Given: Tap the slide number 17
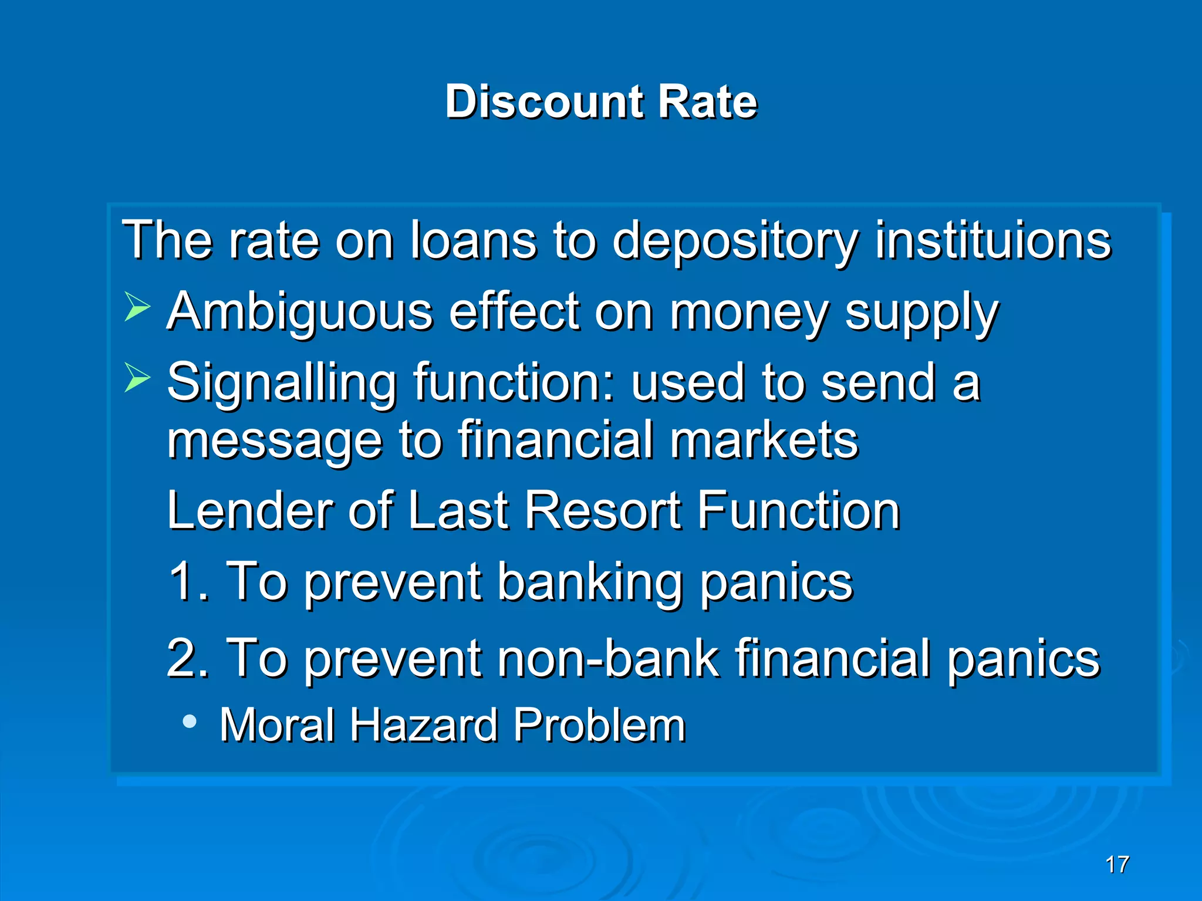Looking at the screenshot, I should click(1117, 865).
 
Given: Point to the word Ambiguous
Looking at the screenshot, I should click(300, 313).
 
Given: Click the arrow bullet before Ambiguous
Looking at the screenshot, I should click(137, 307).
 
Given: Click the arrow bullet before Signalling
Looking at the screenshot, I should click(137, 378).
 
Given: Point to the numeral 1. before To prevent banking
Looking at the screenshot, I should click(188, 581).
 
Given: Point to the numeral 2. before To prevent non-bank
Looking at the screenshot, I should click(188, 658).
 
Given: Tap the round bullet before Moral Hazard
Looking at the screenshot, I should click(190, 722).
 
